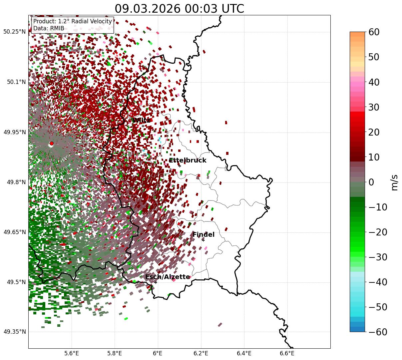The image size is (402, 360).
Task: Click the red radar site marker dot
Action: click(51, 144)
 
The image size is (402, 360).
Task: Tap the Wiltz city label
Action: click(141, 120)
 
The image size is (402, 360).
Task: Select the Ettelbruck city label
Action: click(188, 161)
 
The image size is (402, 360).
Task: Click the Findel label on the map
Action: click(203, 235)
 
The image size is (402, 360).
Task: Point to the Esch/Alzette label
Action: click(168, 277)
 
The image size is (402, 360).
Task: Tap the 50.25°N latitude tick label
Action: click(15, 32)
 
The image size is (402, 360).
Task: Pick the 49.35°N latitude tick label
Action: click(15, 332)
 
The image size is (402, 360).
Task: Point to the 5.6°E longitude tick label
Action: click(72, 353)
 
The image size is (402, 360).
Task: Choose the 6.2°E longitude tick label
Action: click(201, 353)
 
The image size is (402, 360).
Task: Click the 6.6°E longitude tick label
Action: click(287, 353)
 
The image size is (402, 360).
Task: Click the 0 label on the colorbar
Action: click(371, 182)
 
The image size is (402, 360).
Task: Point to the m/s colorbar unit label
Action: click(395, 182)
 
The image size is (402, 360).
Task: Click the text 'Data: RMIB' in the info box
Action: click(49, 28)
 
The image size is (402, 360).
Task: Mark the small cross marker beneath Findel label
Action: click(203, 240)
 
